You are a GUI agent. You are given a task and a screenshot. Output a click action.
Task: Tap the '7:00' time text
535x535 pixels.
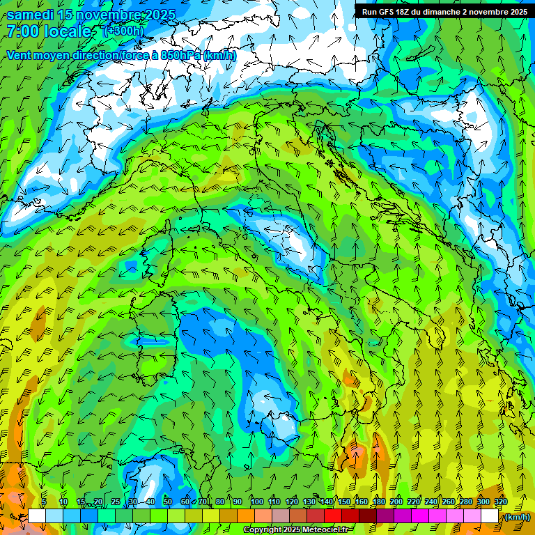23,32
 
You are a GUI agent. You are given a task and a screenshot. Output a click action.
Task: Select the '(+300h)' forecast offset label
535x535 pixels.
125,31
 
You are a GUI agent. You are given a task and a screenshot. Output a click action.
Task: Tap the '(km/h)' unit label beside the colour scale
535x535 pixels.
516,517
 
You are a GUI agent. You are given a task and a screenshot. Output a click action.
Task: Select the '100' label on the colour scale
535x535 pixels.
257,502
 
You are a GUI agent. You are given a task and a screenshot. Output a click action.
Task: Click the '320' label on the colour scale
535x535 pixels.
500,502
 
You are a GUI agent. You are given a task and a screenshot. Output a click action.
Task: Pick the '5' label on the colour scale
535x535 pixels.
44,502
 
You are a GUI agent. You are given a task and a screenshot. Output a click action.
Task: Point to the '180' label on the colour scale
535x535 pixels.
379,502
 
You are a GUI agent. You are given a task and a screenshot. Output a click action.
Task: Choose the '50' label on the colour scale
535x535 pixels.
168,502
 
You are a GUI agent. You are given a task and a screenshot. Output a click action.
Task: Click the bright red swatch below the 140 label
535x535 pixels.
333,516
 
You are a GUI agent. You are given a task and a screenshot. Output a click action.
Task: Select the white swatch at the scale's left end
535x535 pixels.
37,516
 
